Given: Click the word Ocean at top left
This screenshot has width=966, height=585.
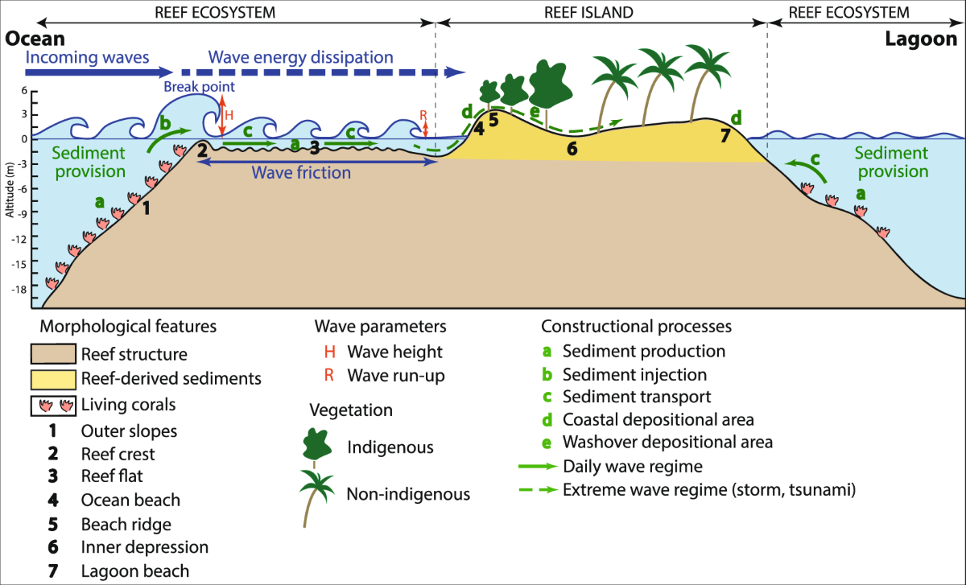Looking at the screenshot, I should (x=35, y=39).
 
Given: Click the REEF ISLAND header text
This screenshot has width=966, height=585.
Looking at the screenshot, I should (x=601, y=12).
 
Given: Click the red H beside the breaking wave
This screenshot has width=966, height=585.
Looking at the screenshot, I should (x=229, y=115).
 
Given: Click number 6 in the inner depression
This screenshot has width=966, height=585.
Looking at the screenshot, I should (x=572, y=149).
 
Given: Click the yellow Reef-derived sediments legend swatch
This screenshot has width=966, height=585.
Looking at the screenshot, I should (x=52, y=377).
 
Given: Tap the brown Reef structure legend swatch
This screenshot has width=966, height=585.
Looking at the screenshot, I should (x=52, y=354).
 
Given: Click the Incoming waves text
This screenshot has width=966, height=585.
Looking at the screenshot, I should (x=89, y=58).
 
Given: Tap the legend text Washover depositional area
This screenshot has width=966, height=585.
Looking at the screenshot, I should (x=667, y=442).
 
